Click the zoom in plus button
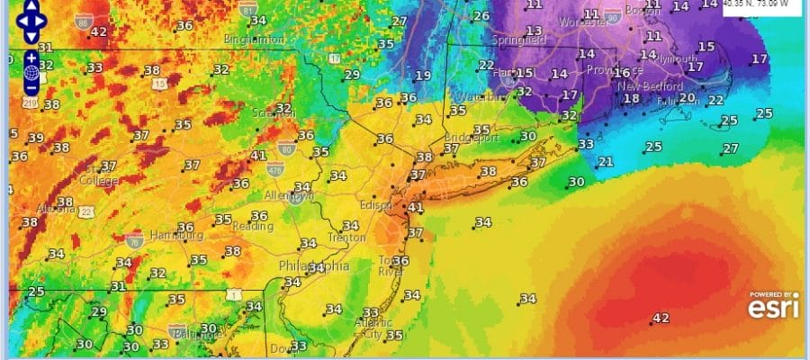point(31,58)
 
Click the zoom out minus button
point(31,87)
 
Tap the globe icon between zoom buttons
point(31,72)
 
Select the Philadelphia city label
point(315,266)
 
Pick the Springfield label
point(520,40)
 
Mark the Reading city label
point(253,226)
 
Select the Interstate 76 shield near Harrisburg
point(135,240)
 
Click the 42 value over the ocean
point(661,318)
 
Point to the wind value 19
point(423,76)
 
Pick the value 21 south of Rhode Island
point(606,162)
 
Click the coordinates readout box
point(762,5)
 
